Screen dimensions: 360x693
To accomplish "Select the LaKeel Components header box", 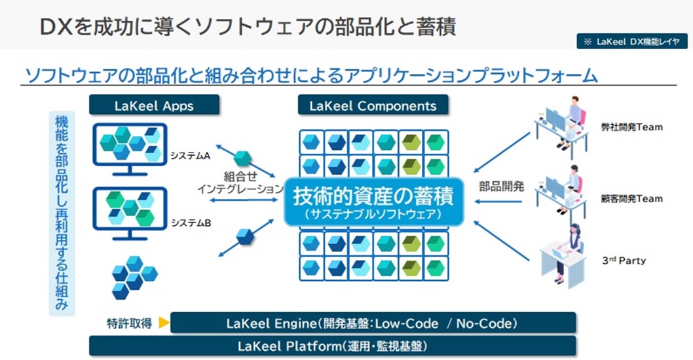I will [373, 105].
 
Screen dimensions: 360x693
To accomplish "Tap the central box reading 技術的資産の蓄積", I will [373, 202].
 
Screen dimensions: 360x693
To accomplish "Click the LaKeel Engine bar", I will [373, 323].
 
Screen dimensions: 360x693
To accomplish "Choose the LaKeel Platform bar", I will [332, 346].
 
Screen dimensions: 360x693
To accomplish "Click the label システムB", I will [190, 223].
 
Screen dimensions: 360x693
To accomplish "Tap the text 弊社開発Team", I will [631, 127].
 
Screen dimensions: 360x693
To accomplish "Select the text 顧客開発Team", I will [631, 198].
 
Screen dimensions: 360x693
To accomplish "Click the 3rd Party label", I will [624, 261].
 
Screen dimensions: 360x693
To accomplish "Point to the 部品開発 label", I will [502, 186].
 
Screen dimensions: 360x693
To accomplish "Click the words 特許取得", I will [130, 323].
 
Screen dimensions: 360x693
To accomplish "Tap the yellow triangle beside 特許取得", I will [164, 323].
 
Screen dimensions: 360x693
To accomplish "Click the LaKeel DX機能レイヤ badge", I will [631, 41].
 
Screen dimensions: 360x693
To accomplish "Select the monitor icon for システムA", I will [130, 148].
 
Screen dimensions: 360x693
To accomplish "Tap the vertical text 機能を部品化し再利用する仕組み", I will [62, 213].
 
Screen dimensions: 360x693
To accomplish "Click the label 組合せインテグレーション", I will [240, 183].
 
